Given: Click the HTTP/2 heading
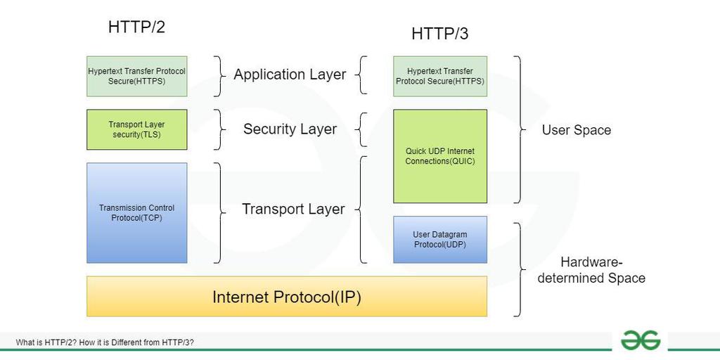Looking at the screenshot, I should point(136,27).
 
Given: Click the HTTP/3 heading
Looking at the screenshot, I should point(439,33).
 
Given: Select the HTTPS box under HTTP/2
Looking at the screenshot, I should point(137,76).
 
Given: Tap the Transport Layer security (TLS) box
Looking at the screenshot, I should point(137,129).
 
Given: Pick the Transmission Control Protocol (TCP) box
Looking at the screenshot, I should point(137,212).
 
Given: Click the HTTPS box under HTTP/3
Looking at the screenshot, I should point(440,76).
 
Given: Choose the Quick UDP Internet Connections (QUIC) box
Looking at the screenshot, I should point(440,156).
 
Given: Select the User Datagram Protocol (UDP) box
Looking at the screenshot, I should point(440,240).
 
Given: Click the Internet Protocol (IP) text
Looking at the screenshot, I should point(287,297).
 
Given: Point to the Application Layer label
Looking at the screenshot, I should point(290,75).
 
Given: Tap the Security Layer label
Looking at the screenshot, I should point(290,129).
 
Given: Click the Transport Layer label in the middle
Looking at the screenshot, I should point(293,209).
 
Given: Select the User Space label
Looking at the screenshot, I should point(577,130).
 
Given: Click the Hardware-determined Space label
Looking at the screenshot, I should point(591,270).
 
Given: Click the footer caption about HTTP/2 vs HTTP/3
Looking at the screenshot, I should point(105,342).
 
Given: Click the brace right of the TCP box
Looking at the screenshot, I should point(217,212).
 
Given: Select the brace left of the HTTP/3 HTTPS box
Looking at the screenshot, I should point(362,75).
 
